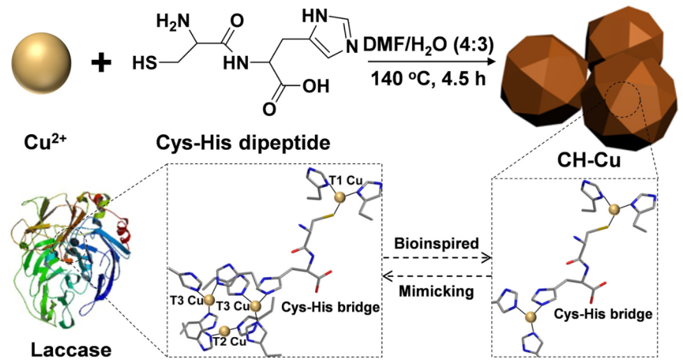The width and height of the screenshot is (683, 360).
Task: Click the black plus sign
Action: coord(101,62)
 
